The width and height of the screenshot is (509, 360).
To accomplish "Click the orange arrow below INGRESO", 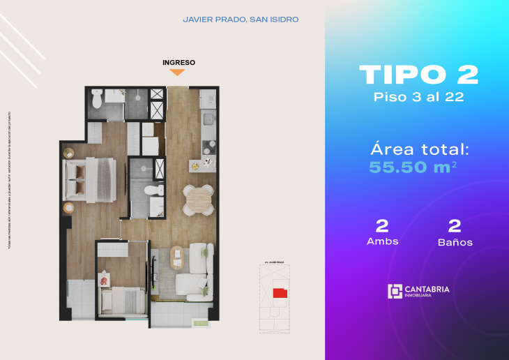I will [x=178, y=72].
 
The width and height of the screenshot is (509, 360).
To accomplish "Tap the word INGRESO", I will [x=178, y=62].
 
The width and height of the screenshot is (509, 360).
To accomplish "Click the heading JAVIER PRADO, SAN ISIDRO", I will [x=241, y=20].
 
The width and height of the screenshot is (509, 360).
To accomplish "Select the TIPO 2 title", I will [x=418, y=75].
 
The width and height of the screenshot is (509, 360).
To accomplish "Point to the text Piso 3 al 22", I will [x=418, y=97].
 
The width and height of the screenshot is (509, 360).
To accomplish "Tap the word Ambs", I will [x=382, y=241].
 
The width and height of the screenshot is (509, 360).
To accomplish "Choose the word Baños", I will [x=455, y=242].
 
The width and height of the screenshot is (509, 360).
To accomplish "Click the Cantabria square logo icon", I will [x=395, y=291].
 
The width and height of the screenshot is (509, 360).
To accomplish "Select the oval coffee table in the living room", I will [x=177, y=257].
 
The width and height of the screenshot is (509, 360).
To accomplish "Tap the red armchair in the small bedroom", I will [x=105, y=280].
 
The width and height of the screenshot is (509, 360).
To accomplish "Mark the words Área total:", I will [x=419, y=148].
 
